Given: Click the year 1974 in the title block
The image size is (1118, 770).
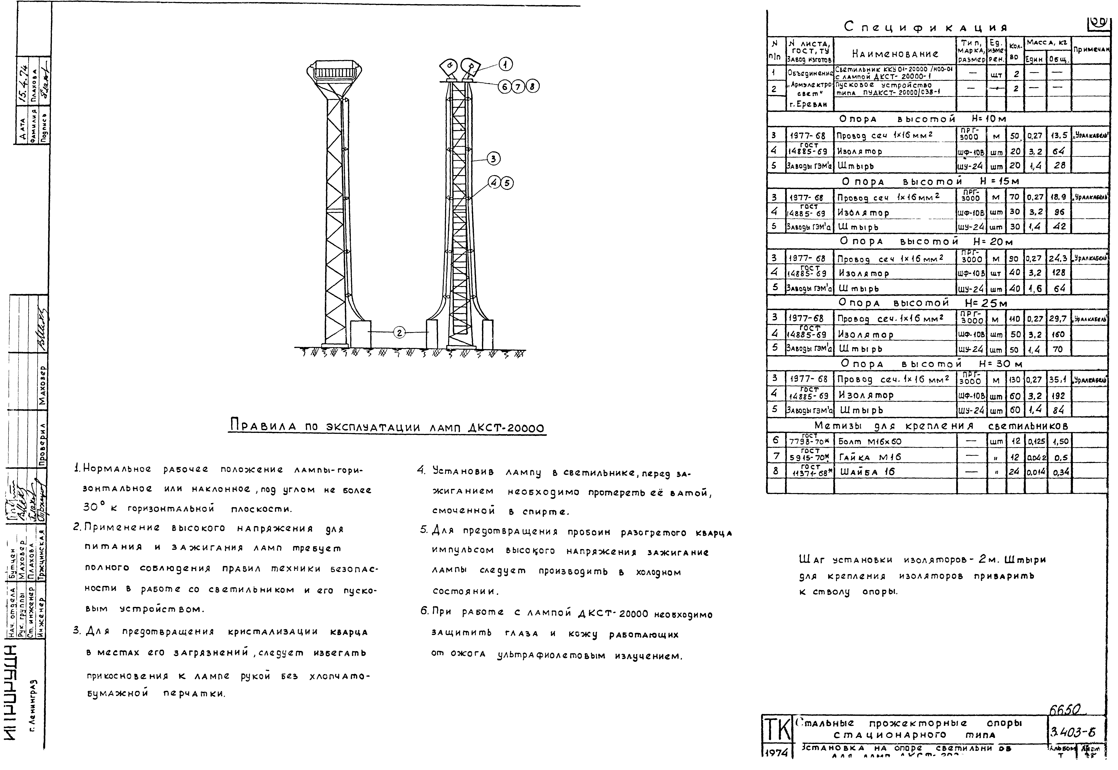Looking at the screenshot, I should pyautogui.click(x=776, y=753).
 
